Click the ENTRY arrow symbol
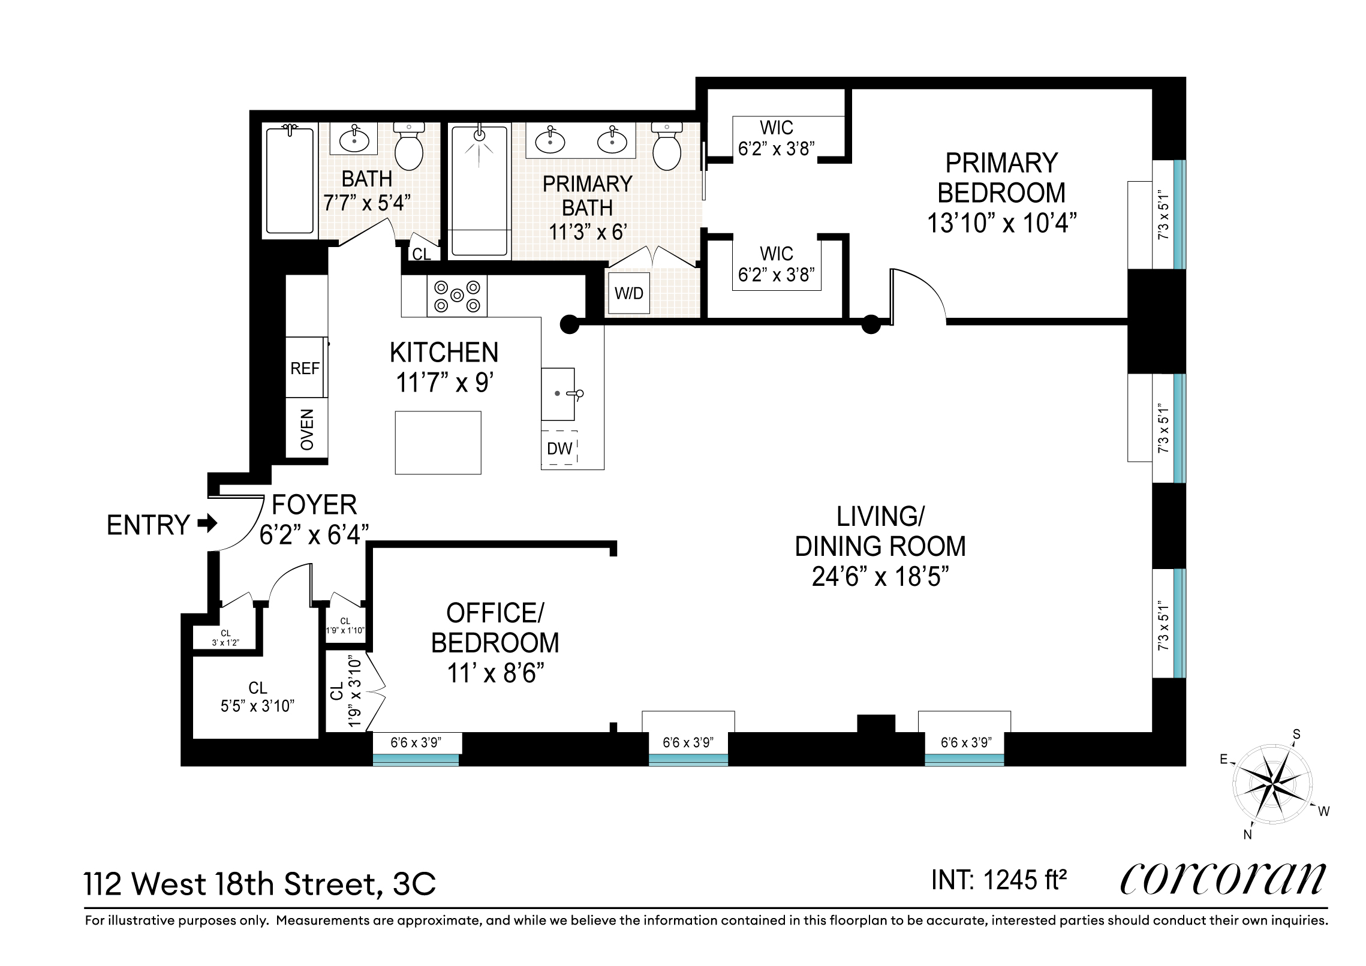point(207,524)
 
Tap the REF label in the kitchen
point(305,368)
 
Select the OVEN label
point(307,430)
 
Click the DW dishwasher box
point(559,447)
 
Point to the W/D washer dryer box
point(628,293)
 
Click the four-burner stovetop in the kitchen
point(457,296)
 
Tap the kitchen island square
point(438,443)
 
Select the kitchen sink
point(558,394)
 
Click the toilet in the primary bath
point(667,147)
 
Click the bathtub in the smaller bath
point(290,180)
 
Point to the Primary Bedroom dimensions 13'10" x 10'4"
point(1001,223)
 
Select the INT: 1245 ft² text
point(999,880)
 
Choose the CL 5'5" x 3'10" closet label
point(258,697)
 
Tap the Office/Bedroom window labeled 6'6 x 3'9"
point(416,742)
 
